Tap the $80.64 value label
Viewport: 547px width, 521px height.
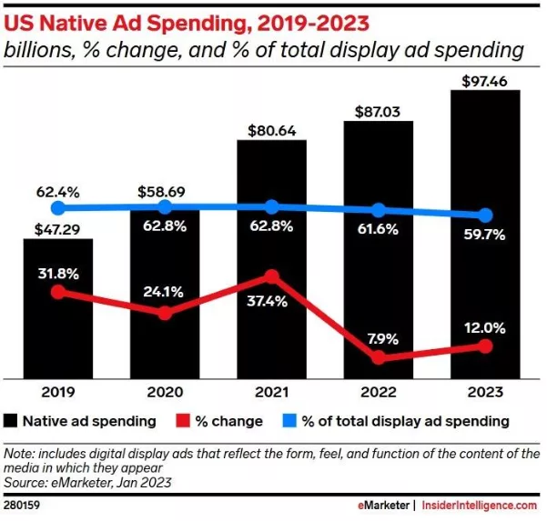[x=271, y=129]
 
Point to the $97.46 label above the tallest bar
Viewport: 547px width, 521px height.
[x=485, y=80]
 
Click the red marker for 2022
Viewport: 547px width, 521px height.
[x=379, y=358]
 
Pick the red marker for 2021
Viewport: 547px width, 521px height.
[x=271, y=276]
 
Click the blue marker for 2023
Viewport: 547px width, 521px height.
[x=485, y=215]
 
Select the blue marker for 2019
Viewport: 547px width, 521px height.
[x=58, y=208]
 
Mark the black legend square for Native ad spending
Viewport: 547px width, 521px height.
[x=12, y=421]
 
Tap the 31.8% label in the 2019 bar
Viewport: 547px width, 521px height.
[x=58, y=272]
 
